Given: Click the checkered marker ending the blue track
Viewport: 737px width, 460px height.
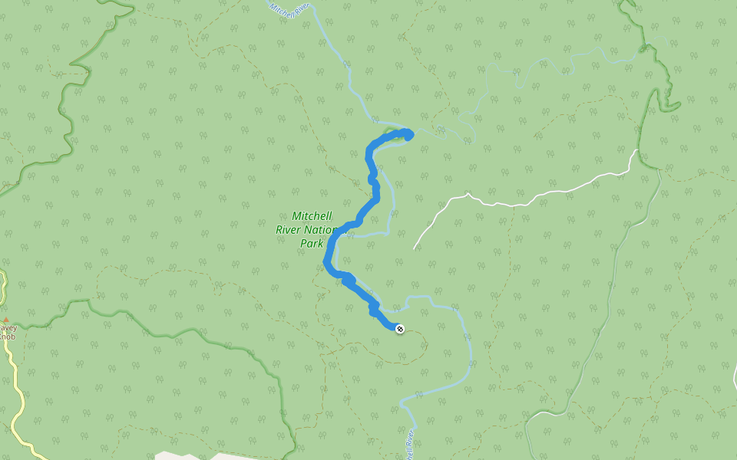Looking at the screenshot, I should click(399, 329).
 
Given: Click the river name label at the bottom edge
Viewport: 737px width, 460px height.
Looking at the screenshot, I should click(408, 446).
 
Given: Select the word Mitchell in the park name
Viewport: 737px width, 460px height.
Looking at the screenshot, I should click(312, 217).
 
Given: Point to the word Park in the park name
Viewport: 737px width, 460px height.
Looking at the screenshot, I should click(311, 244).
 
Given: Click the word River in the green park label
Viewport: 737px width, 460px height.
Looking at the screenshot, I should click(291, 230).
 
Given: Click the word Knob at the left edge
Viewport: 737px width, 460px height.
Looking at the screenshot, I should click(7, 336).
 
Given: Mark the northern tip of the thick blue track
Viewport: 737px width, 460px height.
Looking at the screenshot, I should click(408, 135).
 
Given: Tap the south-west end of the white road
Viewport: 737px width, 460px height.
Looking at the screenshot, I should click(415, 248).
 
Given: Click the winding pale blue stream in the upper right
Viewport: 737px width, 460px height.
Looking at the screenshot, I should click(537, 69).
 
